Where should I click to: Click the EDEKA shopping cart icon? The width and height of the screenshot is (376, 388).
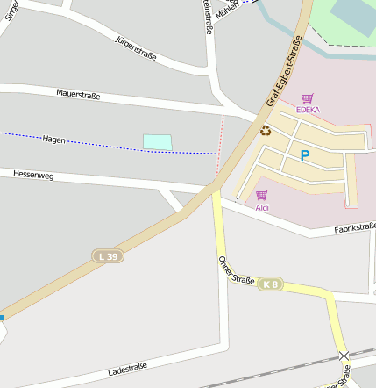pyautogui.click(x=307, y=99)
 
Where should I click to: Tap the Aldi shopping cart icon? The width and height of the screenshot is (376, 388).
pyautogui.click(x=261, y=196)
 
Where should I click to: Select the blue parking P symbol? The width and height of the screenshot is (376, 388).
pyautogui.click(x=305, y=156)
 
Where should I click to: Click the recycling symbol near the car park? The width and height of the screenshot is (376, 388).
pyautogui.click(x=266, y=131)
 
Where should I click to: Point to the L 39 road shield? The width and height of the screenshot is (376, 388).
pyautogui.click(x=107, y=255)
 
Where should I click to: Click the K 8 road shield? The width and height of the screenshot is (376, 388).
pyautogui.click(x=270, y=284)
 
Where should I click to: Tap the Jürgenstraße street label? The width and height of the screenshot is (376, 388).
pyautogui.click(x=136, y=48)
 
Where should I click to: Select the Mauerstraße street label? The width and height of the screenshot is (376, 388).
pyautogui.click(x=78, y=92)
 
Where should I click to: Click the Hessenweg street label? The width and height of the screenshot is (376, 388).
pyautogui.click(x=33, y=175)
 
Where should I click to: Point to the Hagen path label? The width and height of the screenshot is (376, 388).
pyautogui.click(x=54, y=139)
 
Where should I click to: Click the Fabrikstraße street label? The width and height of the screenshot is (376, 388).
pyautogui.click(x=354, y=228)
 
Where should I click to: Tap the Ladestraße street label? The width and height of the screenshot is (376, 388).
pyautogui.click(x=127, y=369)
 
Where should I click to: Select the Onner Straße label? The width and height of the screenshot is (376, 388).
pyautogui.click(x=236, y=269)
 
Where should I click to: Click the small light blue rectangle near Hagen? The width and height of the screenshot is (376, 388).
pyautogui.click(x=157, y=141)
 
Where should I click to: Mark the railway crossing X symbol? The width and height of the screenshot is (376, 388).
pyautogui.click(x=344, y=357)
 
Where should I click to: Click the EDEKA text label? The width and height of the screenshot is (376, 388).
pyautogui.click(x=308, y=110)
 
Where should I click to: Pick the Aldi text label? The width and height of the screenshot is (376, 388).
pyautogui.click(x=262, y=208)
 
